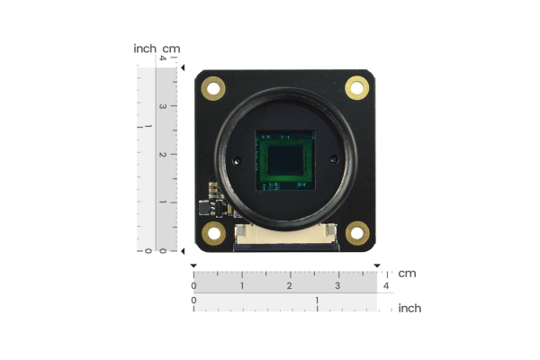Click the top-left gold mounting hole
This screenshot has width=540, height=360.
(x=213, y=87)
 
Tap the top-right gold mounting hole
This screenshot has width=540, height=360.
(x=357, y=87)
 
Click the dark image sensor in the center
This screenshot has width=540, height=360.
(x=286, y=161)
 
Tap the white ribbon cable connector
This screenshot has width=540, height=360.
(x=286, y=237)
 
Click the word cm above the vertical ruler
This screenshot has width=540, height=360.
(x=170, y=49)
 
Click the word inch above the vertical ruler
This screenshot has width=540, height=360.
(x=145, y=49)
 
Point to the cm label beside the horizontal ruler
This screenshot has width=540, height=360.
(x=407, y=273)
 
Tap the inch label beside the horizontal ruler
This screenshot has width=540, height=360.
(x=409, y=308)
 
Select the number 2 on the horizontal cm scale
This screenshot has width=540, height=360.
(x=289, y=285)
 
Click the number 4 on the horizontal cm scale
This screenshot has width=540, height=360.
(x=385, y=285)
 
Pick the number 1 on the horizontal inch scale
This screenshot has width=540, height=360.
(x=317, y=300)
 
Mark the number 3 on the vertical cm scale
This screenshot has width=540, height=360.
(x=162, y=106)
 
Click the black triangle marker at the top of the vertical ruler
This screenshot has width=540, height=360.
(x=183, y=67)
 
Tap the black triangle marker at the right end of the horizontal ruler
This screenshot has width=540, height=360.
(x=377, y=265)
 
